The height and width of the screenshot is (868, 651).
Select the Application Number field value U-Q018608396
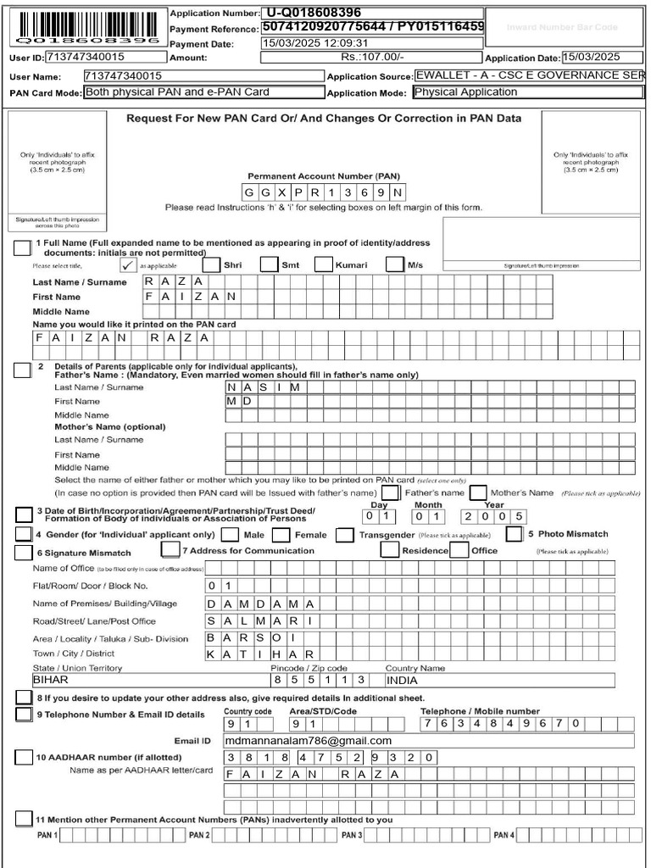372,13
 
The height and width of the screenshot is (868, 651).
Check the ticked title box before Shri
128,264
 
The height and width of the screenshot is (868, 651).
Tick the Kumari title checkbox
323,264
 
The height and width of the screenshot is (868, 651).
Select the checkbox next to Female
282,535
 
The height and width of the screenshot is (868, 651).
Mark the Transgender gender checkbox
344,535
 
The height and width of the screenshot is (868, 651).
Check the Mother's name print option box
478,492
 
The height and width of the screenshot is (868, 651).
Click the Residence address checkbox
390,550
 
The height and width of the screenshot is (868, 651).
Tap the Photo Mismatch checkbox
514,534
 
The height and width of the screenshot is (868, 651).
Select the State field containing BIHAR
148,680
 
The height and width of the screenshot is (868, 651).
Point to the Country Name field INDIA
498,680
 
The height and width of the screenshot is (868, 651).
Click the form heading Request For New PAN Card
324,119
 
